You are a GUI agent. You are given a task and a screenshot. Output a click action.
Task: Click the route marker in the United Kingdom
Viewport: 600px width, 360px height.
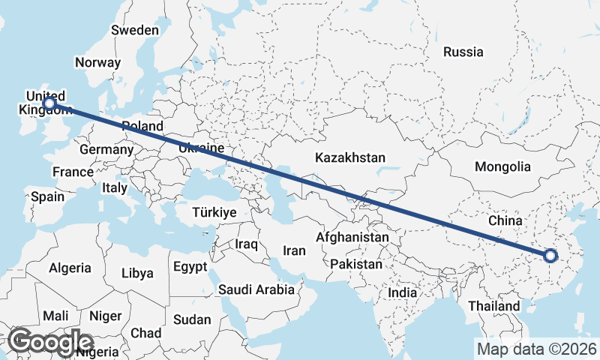point(49,103)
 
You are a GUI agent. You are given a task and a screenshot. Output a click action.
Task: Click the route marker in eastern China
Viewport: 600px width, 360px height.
point(550,255)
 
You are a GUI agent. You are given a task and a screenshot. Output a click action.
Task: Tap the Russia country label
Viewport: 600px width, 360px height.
point(463,52)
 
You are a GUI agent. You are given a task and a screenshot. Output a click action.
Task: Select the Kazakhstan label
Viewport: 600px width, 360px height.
point(350,158)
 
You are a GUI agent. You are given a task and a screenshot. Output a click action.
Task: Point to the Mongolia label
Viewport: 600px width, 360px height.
point(502,167)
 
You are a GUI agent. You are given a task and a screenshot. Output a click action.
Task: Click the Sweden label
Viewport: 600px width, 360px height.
point(135,31)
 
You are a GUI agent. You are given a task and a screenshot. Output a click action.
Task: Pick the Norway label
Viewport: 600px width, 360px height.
point(97,63)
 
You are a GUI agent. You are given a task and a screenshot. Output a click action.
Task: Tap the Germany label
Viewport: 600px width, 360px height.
point(106,150)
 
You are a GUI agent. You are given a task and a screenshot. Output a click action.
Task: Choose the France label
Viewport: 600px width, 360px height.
point(73,172)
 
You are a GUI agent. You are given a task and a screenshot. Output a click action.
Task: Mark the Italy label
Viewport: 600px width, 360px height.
point(115,188)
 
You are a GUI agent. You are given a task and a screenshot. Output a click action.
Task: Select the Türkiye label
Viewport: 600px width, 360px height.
point(214,213)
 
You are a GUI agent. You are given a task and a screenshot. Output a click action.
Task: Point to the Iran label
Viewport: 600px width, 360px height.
point(294,250)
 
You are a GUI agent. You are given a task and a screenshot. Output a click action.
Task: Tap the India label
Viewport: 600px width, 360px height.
point(403,293)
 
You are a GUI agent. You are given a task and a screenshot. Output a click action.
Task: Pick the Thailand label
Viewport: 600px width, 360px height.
point(493,307)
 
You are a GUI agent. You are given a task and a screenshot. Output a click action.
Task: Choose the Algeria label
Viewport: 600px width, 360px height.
point(70,268)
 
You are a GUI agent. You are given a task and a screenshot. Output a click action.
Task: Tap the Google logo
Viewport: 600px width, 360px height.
point(50,341)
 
